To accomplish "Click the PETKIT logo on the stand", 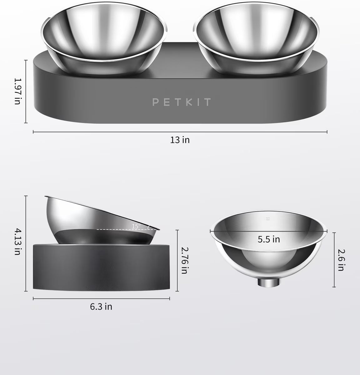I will (181, 102).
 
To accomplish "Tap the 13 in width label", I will (180, 140).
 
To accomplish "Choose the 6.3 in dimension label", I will (101, 307).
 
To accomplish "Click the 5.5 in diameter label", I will (268, 239).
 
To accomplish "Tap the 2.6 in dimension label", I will (341, 259).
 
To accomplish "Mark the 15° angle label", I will (136, 226).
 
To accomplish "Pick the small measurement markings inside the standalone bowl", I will (267, 219).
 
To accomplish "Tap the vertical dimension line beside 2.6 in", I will (334, 259).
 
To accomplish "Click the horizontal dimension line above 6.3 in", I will (101, 298).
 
